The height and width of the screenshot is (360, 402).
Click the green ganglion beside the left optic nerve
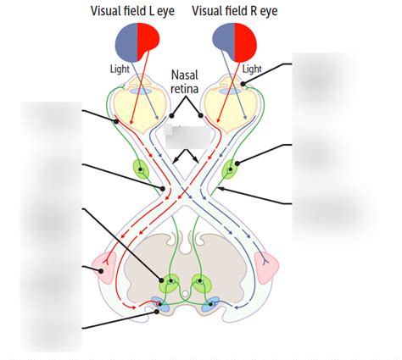coord(139,168)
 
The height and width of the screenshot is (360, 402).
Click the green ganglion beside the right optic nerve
coord(232,168)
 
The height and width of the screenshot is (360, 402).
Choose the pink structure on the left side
coord(108,268)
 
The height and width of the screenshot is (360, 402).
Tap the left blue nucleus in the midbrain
coord(161,303)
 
